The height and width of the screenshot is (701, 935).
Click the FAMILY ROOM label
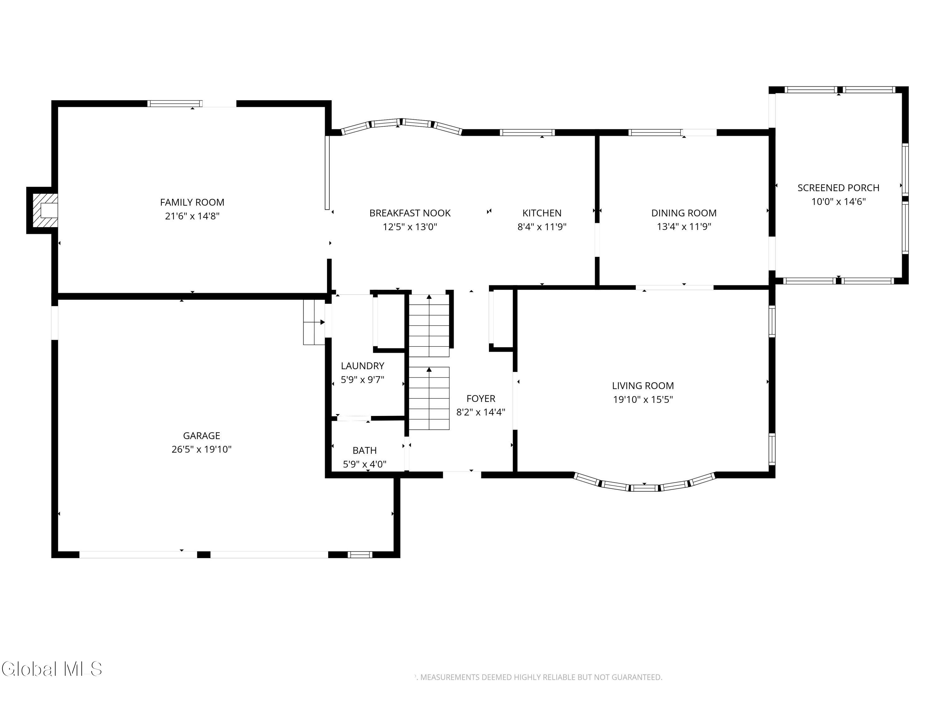(192, 203)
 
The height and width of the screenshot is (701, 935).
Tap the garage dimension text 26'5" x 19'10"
(201, 449)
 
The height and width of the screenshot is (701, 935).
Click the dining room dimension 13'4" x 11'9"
(683, 227)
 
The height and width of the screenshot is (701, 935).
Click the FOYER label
(481, 398)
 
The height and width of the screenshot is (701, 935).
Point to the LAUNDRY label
(362, 366)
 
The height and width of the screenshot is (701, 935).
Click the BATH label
(364, 451)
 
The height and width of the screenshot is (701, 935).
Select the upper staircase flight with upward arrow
(429, 325)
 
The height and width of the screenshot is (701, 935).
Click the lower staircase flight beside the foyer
(429, 398)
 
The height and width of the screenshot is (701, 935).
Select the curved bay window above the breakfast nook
(401, 123)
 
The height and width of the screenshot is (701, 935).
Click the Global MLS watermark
(51, 669)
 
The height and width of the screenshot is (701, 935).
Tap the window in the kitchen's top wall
(527, 133)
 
